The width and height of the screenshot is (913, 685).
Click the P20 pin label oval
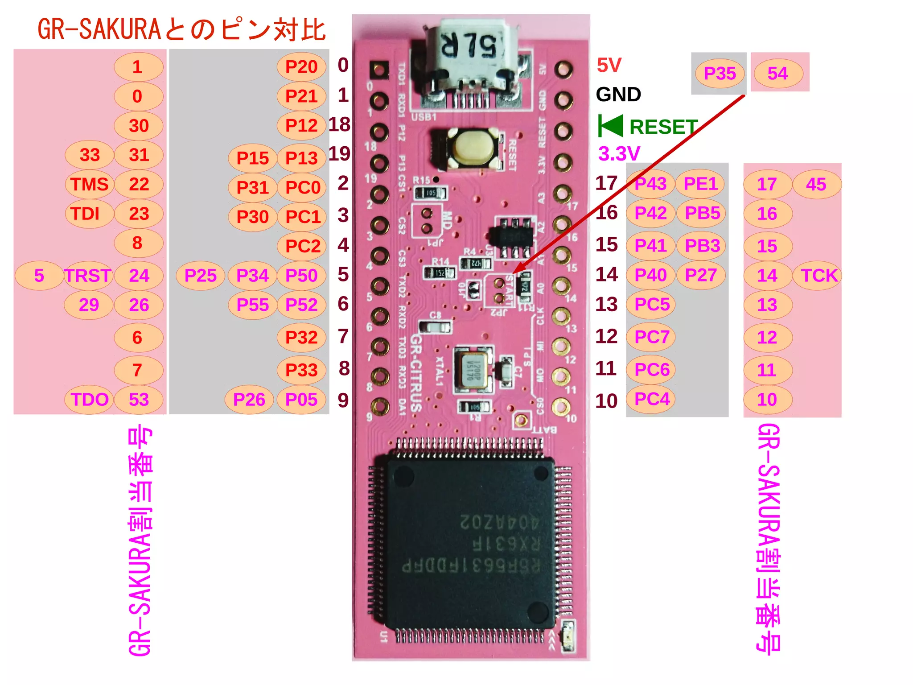click(x=301, y=67)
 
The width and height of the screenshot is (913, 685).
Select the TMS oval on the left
click(x=89, y=184)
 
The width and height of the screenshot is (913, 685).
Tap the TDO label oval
click(x=89, y=400)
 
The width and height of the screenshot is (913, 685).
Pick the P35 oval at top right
click(x=720, y=74)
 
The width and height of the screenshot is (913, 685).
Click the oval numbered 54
click(x=777, y=74)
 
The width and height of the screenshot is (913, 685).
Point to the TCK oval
click(x=818, y=276)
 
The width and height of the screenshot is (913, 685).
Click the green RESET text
click(x=663, y=127)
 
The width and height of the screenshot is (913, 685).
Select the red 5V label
click(x=609, y=66)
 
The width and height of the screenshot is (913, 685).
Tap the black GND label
click(x=618, y=95)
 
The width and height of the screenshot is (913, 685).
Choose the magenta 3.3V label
click(x=619, y=154)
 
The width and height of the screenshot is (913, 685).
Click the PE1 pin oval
click(x=700, y=184)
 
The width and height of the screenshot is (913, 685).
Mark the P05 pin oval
click(x=301, y=400)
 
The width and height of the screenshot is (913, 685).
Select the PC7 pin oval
click(x=652, y=337)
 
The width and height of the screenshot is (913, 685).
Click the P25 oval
click(x=200, y=276)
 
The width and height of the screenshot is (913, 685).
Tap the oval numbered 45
click(x=816, y=184)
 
